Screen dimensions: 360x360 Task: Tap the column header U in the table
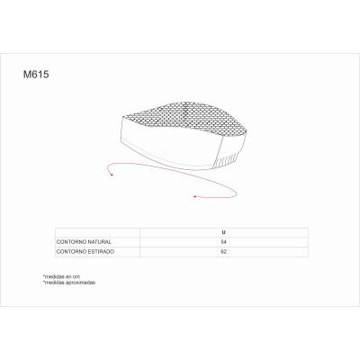pos(224,231)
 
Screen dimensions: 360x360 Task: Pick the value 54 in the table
pos(224,242)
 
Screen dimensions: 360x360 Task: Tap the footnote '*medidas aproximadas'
pos(68,283)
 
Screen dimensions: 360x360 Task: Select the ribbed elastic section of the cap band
pos(229,155)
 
